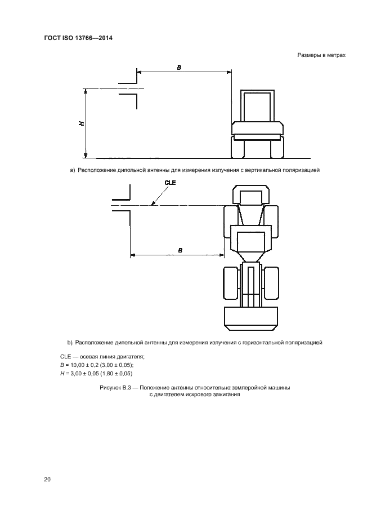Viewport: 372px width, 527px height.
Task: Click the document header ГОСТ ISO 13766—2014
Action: [78, 38]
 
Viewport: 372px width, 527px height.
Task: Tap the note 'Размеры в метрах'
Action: [321, 55]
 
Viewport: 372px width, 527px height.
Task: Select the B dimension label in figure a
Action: [179, 68]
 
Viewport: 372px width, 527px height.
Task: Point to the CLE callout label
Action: [170, 183]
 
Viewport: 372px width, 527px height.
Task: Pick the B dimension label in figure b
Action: [180, 250]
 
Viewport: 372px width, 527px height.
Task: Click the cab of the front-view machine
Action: [257, 106]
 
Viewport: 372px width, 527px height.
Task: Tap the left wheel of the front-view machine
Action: [237, 147]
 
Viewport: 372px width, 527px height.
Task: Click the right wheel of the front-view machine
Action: [277, 147]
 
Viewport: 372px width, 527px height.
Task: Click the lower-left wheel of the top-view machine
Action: [232, 282]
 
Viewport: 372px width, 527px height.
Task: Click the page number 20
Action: [47, 479]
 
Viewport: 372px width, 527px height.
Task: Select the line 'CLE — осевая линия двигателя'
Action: [102, 357]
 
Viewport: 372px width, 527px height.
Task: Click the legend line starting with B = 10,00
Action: [97, 365]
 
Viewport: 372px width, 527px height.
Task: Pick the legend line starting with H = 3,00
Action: [96, 373]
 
